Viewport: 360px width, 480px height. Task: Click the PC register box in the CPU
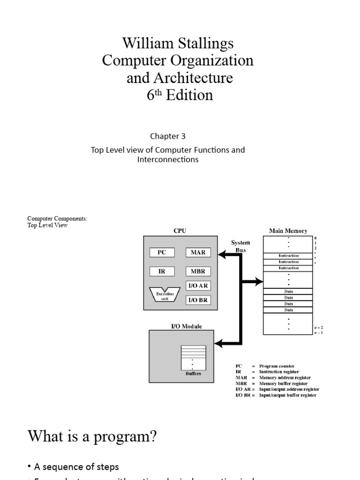click(x=162, y=252)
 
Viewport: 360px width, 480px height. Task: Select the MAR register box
click(x=198, y=252)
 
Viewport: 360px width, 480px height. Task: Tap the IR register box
click(x=162, y=271)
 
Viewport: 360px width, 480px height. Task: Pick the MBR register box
click(x=198, y=271)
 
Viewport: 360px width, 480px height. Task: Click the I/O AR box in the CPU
click(x=198, y=285)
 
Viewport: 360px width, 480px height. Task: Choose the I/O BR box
click(x=198, y=300)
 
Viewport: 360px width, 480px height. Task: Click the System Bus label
click(x=241, y=246)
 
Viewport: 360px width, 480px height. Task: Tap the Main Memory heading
click(x=288, y=231)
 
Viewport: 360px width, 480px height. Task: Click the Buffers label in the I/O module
click(x=193, y=374)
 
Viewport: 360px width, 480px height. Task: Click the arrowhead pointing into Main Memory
click(x=260, y=282)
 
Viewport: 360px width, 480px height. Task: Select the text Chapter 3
click(x=168, y=136)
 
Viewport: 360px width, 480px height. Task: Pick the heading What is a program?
click(x=92, y=437)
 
